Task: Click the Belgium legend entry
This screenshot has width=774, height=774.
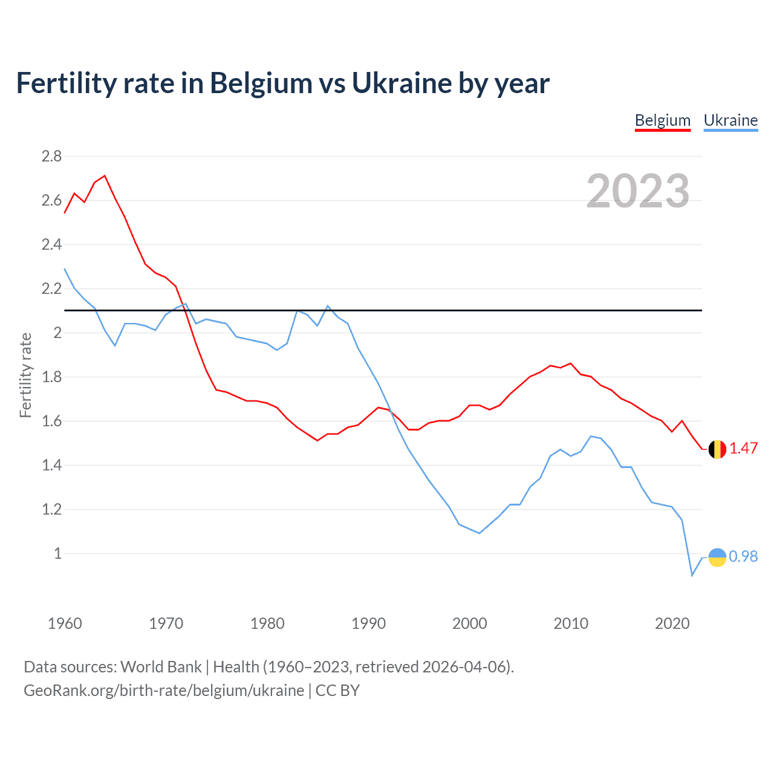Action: pos(662,120)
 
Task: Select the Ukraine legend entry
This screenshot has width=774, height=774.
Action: pos(730,120)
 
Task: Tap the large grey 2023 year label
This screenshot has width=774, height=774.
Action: pos(638,191)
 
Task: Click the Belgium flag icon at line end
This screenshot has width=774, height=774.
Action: pos(717,449)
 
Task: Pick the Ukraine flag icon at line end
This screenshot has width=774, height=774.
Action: pos(717,557)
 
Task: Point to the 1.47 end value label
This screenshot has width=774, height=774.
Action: pos(743,448)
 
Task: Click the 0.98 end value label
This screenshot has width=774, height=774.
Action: pos(743,556)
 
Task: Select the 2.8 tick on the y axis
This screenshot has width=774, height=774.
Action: pos(51,157)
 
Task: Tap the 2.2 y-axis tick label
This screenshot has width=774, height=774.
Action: pos(51,289)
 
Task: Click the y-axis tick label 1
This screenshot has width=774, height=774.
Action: pos(58,553)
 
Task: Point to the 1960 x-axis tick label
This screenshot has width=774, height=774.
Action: pos(65,623)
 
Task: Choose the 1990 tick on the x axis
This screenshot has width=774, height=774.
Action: pos(368,623)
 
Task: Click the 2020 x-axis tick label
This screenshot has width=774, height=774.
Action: pos(672,623)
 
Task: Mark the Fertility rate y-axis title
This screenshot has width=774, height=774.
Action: pos(25,375)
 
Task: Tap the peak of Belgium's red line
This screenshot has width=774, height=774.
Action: pos(105,176)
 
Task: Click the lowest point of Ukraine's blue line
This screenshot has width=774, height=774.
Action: pos(692,574)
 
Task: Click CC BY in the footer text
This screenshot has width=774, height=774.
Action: pos(337,691)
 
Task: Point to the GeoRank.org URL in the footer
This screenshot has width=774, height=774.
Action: pos(163,691)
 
